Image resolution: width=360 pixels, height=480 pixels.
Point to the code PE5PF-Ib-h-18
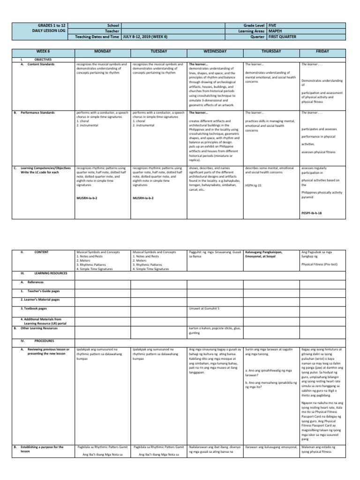pos(315,213)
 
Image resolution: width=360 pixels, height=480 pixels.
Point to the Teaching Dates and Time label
pos(97,36)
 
